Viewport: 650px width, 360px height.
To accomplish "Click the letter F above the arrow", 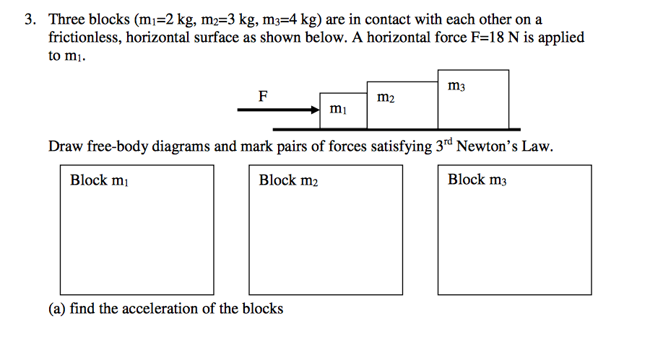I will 263,95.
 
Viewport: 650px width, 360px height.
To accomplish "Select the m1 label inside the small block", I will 337,110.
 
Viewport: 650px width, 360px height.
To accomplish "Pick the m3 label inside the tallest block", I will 456,87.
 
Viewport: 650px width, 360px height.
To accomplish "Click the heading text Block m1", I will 100,180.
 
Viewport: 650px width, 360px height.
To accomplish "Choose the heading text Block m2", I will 288,180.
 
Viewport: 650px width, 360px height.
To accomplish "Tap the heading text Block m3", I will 477,180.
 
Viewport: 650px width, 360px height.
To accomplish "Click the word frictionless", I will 84,38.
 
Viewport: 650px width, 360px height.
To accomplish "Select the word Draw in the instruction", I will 65,147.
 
